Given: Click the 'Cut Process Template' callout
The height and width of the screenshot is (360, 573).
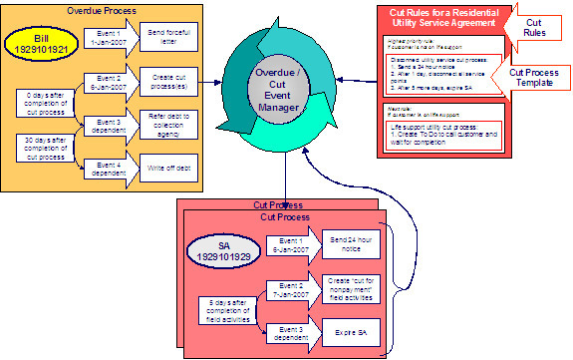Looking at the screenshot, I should point(536,79).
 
